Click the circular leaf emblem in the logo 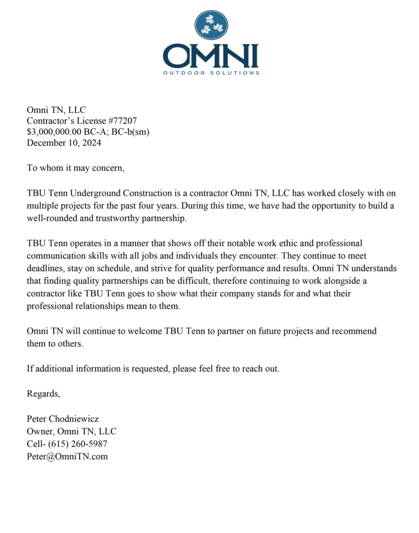[x=211, y=26]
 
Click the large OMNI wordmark [x=210, y=56]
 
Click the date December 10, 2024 [x=64, y=143]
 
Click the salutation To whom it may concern [x=76, y=168]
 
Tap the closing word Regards [x=43, y=394]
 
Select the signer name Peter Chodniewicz [x=62, y=419]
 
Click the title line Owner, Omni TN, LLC [x=71, y=432]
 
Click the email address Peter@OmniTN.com [x=67, y=456]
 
